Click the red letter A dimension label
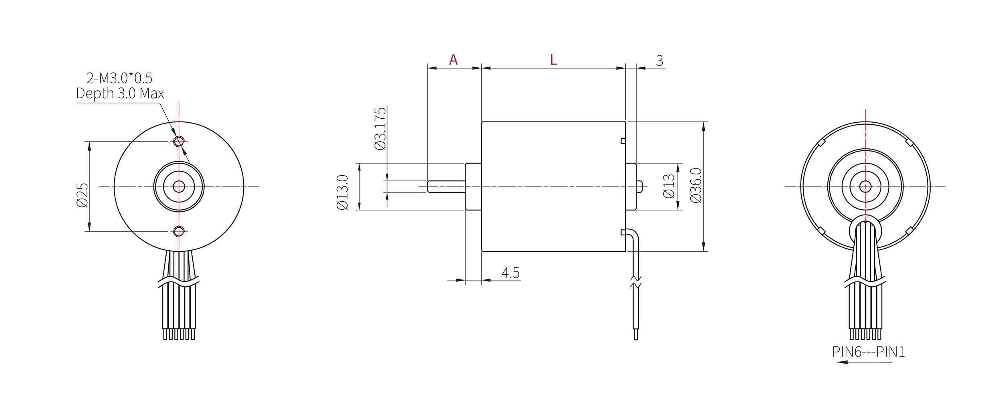[453, 60]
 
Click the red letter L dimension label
[553, 60]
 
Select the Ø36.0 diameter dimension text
[696, 185]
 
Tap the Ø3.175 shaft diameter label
[380, 129]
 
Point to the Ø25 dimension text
[82, 195]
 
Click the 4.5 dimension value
[510, 273]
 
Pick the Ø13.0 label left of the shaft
[343, 192]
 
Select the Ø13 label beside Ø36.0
[669, 186]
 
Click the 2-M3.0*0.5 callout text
[119, 78]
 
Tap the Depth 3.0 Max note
[120, 93]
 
